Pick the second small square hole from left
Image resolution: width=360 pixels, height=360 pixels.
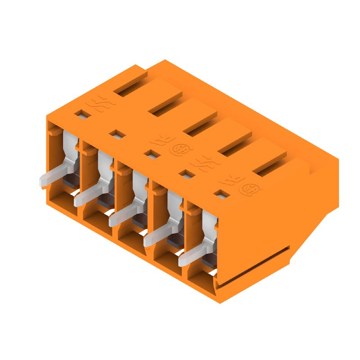pos(116,134)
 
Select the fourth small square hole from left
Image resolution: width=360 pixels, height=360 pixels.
pos(185,173)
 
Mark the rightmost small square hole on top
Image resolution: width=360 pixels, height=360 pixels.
pos(220,194)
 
